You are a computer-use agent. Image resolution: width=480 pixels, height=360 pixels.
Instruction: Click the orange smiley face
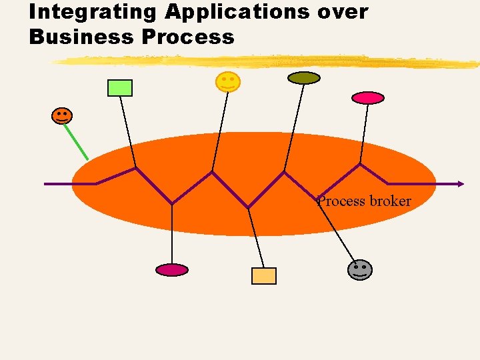(x=61, y=115)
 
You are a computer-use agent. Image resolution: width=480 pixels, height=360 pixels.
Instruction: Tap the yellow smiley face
(x=227, y=82)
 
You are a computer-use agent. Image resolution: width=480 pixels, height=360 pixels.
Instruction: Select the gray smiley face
(x=360, y=269)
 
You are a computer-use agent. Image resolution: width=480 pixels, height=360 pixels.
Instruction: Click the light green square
(x=120, y=87)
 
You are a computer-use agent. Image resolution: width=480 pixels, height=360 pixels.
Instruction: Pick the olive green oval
(x=303, y=78)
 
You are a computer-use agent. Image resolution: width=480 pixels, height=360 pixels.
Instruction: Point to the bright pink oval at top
(x=368, y=98)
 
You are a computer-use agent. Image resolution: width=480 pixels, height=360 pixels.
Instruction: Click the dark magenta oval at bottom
(x=172, y=270)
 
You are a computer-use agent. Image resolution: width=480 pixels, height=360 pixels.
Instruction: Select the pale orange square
(x=263, y=275)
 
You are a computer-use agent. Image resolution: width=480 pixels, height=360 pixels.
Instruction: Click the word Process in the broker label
(x=341, y=201)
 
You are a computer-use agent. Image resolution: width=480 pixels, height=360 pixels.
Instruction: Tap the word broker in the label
(x=389, y=201)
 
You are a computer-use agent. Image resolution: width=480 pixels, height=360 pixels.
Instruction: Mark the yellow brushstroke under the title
(x=267, y=62)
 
